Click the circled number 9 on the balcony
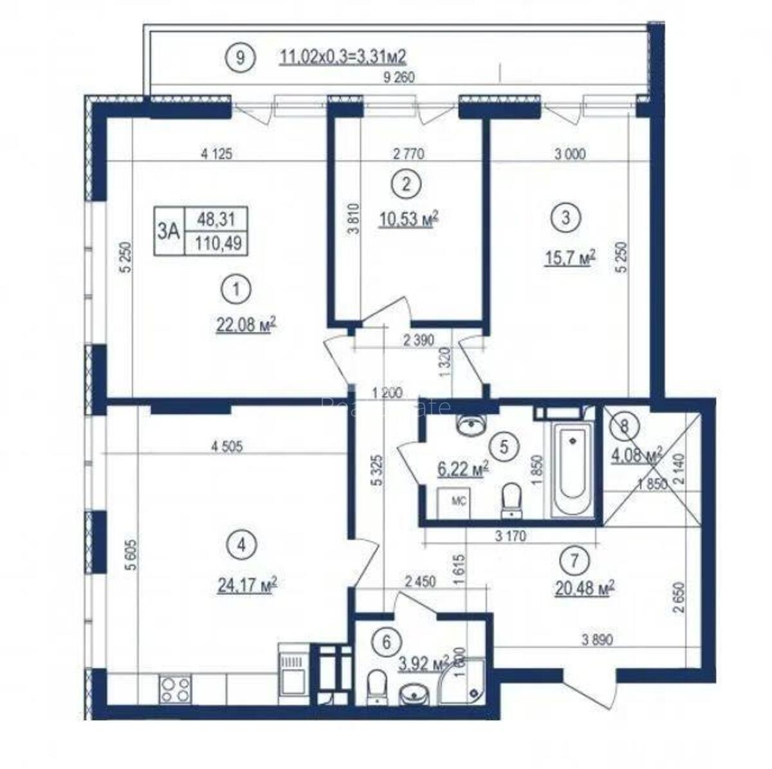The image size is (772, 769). point(240,57)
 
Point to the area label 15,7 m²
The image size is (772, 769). point(569,258)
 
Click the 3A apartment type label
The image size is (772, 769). point(169,231)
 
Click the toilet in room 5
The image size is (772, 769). point(513,500)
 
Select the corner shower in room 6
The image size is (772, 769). point(468,683)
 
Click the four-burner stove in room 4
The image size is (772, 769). point(174,691)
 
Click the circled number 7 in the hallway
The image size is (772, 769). point(574,560)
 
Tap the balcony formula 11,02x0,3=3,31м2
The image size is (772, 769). point(343,57)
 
